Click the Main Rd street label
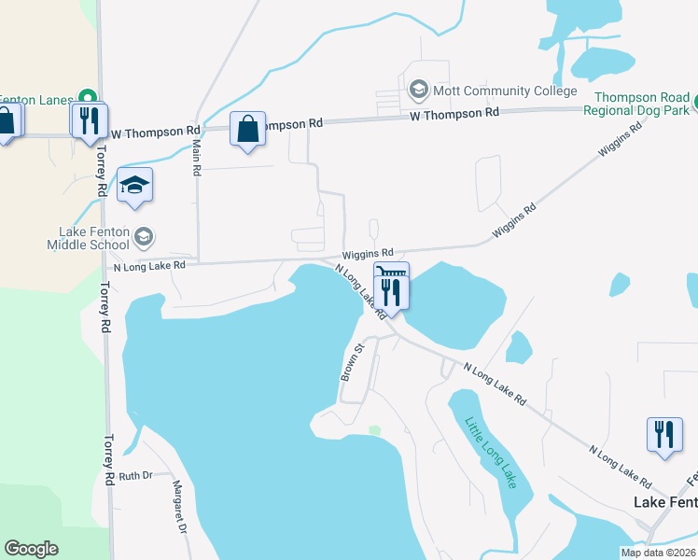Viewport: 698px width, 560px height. pos(196,159)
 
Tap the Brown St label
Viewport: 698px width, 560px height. pos(351,360)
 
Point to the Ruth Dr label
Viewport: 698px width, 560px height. pos(135,475)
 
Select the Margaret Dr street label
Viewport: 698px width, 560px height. pos(179,508)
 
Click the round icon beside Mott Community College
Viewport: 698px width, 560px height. pos(418,91)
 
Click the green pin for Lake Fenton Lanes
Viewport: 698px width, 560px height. pos(87,96)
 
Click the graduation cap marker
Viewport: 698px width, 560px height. pos(135,186)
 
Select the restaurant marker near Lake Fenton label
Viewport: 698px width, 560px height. pos(664,435)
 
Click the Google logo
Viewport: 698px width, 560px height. pos(32,549)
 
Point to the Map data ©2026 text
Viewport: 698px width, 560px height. pos(658,553)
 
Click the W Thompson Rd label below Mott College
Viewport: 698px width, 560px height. pos(454,113)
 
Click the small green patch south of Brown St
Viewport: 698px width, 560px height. pos(374,430)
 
